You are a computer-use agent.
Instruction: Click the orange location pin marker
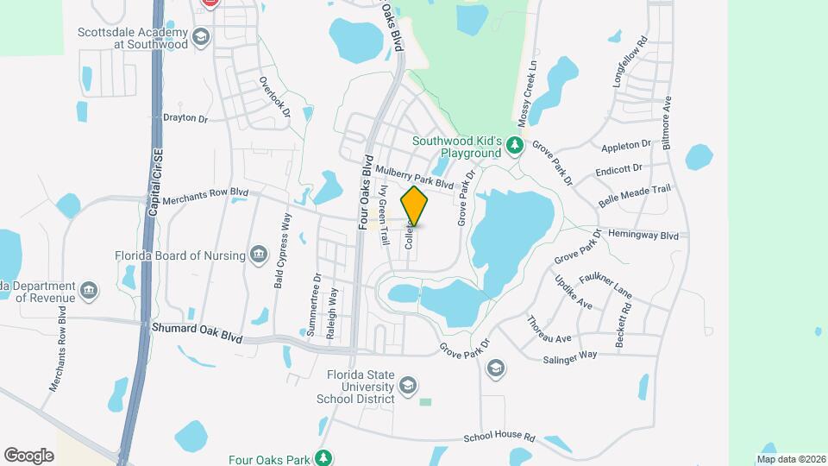coord(414,206)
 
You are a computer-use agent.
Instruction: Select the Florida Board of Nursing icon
coord(258,255)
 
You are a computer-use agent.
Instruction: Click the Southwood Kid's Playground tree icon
coord(515,145)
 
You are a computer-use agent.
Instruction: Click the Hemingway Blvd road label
coord(643,234)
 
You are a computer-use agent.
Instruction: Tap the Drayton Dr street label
coord(185,118)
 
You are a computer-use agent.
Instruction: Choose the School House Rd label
coord(499,438)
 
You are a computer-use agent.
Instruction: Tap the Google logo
coord(28,455)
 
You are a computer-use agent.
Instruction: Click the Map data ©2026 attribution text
coord(791,459)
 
